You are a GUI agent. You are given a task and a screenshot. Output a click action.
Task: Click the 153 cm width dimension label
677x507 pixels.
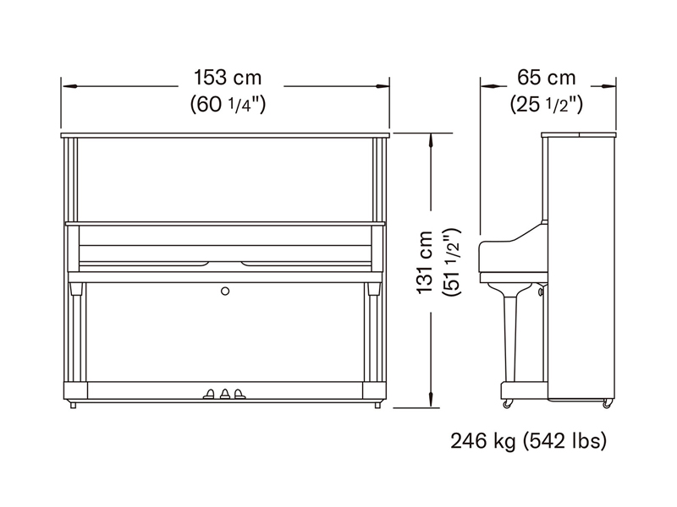click(x=228, y=78)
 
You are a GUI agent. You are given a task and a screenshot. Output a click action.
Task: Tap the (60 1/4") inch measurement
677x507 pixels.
click(x=228, y=104)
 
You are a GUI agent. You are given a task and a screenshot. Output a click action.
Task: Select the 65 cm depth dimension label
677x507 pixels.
click(x=546, y=78)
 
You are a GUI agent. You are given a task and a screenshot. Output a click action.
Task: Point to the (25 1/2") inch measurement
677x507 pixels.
click(x=546, y=104)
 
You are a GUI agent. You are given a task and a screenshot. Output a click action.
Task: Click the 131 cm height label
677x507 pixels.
click(x=425, y=262)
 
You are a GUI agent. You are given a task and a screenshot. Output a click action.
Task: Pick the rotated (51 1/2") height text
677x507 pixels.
click(x=452, y=262)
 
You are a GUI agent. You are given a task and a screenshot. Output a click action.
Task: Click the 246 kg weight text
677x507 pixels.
click(x=483, y=441)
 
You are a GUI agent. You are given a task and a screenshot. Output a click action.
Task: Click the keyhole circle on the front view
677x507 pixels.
click(x=225, y=292)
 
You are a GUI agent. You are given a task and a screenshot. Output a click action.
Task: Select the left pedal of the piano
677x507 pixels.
click(x=209, y=394)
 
